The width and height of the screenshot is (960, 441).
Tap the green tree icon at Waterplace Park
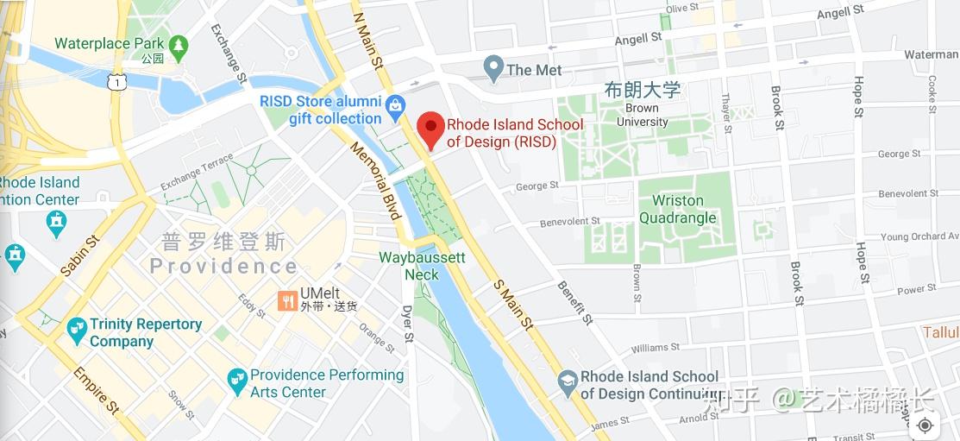(179, 45)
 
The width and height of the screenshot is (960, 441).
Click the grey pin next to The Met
(493, 68)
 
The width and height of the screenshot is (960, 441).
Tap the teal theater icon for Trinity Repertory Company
(77, 330)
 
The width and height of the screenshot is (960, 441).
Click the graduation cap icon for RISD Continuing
(568, 381)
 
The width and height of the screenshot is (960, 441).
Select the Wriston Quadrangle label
(678, 210)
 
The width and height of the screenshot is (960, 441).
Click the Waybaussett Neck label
(422, 267)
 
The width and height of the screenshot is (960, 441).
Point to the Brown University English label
(643, 116)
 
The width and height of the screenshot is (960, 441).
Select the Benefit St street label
(575, 303)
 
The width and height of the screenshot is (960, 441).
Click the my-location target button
(925, 425)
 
